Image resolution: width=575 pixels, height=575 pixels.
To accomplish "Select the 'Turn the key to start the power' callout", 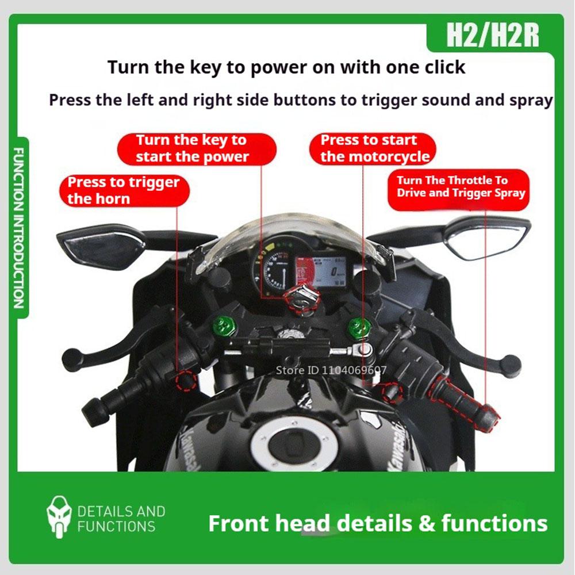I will click(192, 148).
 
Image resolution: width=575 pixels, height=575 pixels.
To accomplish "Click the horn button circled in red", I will click(186, 379).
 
